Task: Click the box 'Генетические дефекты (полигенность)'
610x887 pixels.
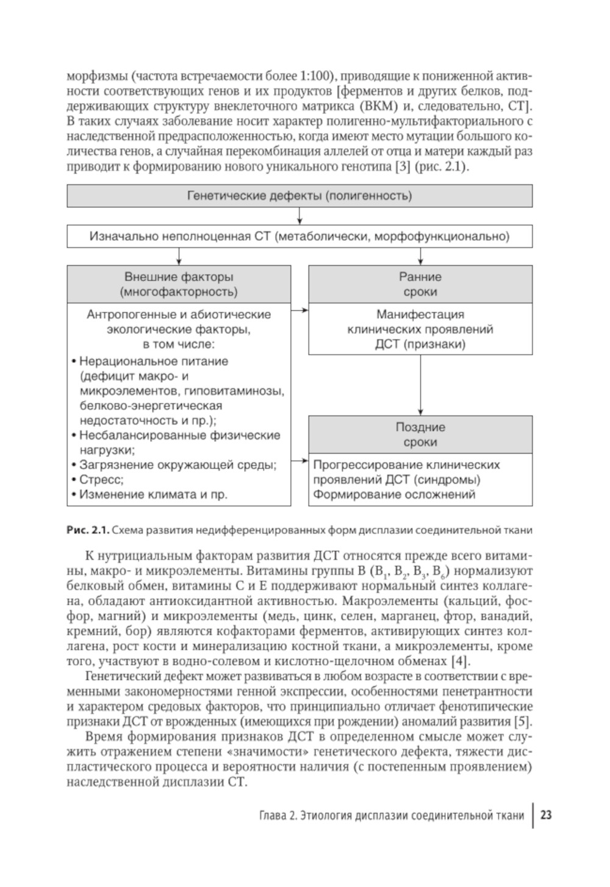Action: (299, 196)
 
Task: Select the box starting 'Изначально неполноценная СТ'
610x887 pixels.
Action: (299, 236)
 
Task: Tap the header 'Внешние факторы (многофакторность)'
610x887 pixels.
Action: (179, 284)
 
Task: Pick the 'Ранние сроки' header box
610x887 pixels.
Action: (420, 284)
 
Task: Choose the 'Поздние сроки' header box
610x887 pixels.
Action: (420, 435)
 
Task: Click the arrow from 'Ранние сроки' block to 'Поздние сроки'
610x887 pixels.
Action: (420, 384)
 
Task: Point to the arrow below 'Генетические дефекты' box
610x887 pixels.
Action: (299, 216)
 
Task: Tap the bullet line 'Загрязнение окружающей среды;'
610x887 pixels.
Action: (177, 465)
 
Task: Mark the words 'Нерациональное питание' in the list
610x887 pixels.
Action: (153, 361)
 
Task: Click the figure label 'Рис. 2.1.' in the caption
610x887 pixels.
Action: (87, 530)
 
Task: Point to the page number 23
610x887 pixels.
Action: (546, 815)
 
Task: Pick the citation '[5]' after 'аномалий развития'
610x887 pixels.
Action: (523, 721)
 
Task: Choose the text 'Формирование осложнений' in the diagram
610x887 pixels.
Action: (394, 494)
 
